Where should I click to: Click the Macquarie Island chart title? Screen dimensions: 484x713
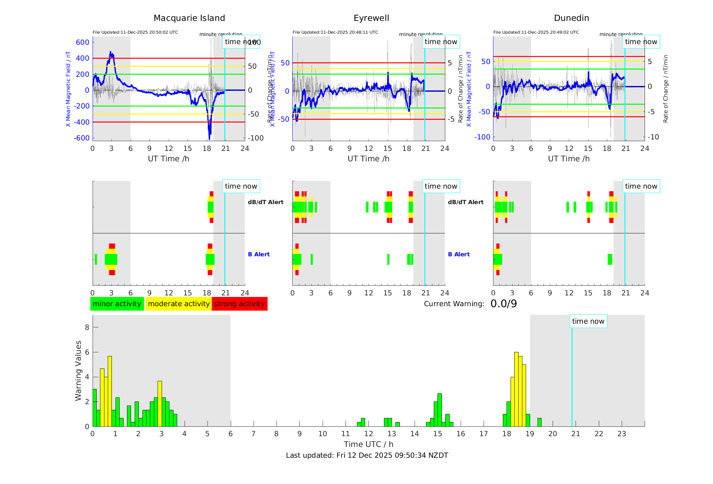point(189,18)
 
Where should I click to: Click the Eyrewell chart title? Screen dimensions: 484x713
point(371,18)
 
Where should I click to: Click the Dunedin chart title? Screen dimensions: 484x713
point(571,18)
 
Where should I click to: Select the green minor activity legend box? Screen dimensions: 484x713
point(117,304)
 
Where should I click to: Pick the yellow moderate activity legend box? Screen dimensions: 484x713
point(179,304)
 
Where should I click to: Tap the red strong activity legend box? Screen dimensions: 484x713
point(239,304)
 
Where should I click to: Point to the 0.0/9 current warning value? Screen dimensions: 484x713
point(504,304)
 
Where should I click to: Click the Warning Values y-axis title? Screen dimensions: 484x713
point(78,370)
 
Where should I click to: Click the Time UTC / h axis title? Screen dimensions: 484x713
point(368,444)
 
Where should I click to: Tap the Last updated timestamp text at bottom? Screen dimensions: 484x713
point(367,455)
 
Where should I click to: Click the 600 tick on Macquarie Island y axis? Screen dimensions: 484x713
point(83,42)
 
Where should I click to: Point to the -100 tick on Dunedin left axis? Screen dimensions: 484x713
point(482,137)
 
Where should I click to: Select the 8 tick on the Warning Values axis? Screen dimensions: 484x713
point(87,327)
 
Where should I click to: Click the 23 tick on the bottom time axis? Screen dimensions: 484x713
point(621,434)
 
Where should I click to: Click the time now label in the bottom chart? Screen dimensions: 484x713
point(588,321)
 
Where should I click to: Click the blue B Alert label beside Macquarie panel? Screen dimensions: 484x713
point(259,254)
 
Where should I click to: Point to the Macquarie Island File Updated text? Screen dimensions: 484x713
point(135,32)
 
